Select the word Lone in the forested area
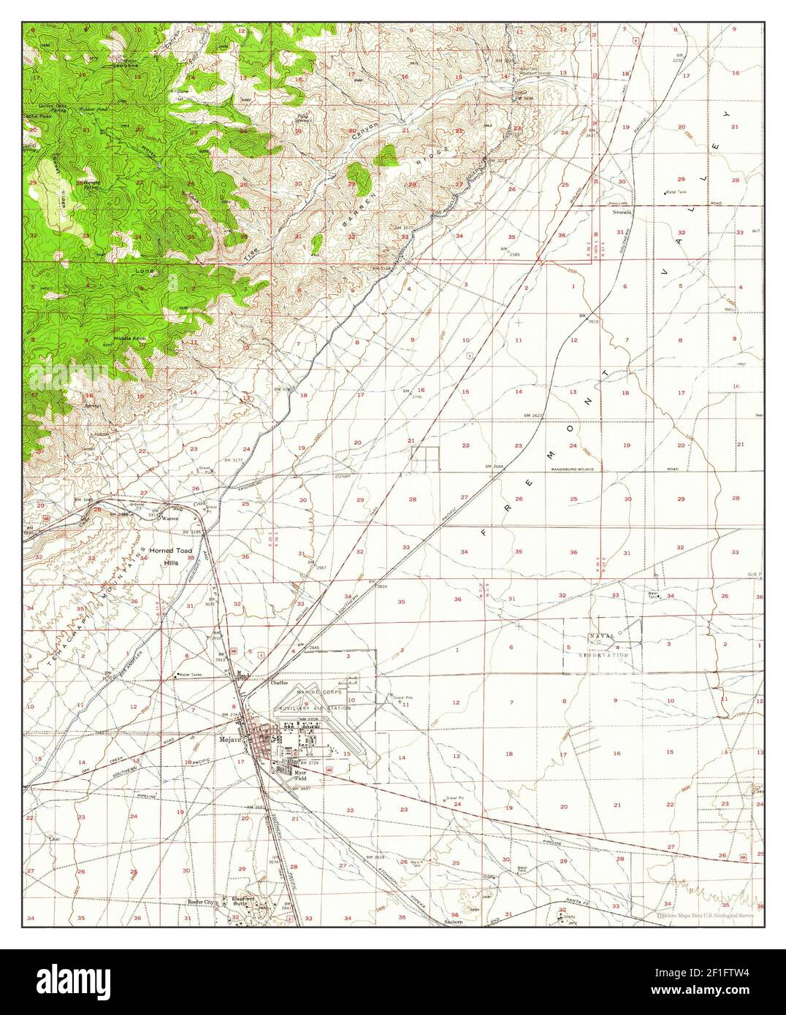click(x=144, y=270)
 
